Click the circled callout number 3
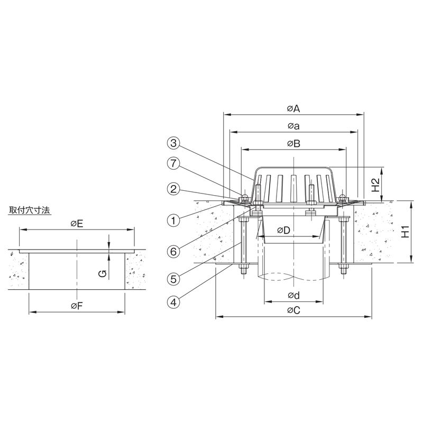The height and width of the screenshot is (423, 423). coord(173,143)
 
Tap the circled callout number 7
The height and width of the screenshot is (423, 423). coord(173,163)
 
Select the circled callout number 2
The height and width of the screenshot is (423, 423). coord(173,189)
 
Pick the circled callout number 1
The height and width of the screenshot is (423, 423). coord(173,220)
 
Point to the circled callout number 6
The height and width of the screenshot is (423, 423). coord(173,252)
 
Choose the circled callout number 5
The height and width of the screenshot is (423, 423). coord(173,279)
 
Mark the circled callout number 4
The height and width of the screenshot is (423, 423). coord(173,302)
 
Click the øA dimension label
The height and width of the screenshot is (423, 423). coord(293,109)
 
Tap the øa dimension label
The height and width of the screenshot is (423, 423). coord(293,126)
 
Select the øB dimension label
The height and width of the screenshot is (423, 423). coord(293,143)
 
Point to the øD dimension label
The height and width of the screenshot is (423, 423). coord(283,230)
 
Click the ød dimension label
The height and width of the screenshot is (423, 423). coord(293,296)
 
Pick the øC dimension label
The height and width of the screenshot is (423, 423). coord(293,310)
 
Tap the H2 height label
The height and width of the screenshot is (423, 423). coord(375,185)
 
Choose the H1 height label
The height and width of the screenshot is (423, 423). coord(405,232)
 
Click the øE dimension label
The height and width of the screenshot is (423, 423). coord(77,224)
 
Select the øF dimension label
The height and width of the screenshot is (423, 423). coord(77,306)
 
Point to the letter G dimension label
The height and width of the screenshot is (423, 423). coord(103,274)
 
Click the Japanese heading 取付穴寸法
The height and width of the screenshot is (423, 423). coord(30,210)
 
